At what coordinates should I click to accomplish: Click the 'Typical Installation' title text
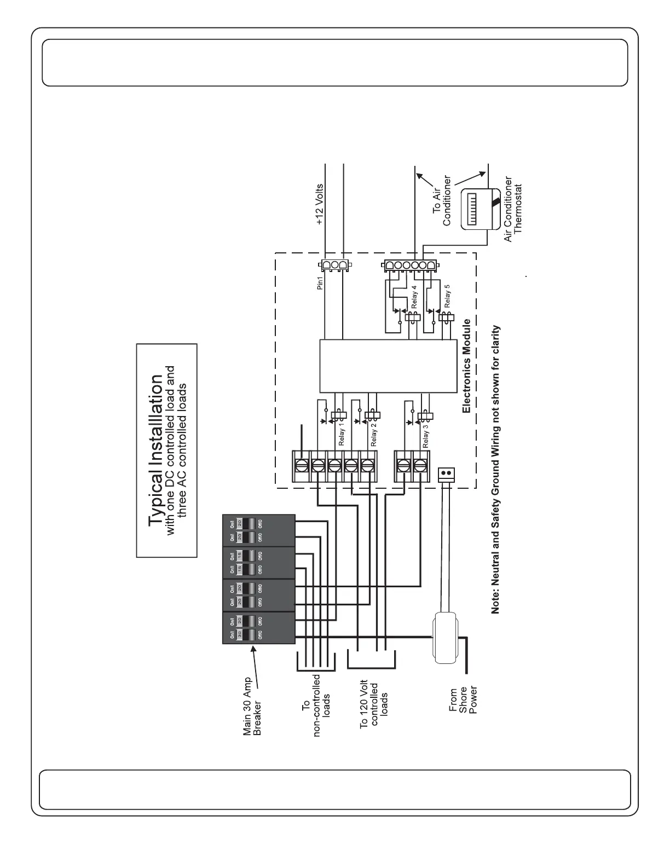tap(156, 450)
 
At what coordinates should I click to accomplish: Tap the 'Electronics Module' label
tap(466, 366)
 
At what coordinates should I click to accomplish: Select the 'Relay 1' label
tap(342, 434)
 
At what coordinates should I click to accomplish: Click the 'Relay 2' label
tap(374, 435)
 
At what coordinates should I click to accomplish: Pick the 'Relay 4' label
tap(414, 296)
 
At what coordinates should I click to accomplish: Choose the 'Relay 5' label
tap(447, 295)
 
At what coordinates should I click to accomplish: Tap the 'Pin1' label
tap(321, 282)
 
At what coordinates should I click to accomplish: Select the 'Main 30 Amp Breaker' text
tap(252, 706)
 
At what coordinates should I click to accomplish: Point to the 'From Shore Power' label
tap(463, 700)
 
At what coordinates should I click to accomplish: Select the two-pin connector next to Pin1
tap(335, 266)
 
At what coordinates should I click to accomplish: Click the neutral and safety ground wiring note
tap(495, 469)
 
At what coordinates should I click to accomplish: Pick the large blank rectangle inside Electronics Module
tap(388, 366)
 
